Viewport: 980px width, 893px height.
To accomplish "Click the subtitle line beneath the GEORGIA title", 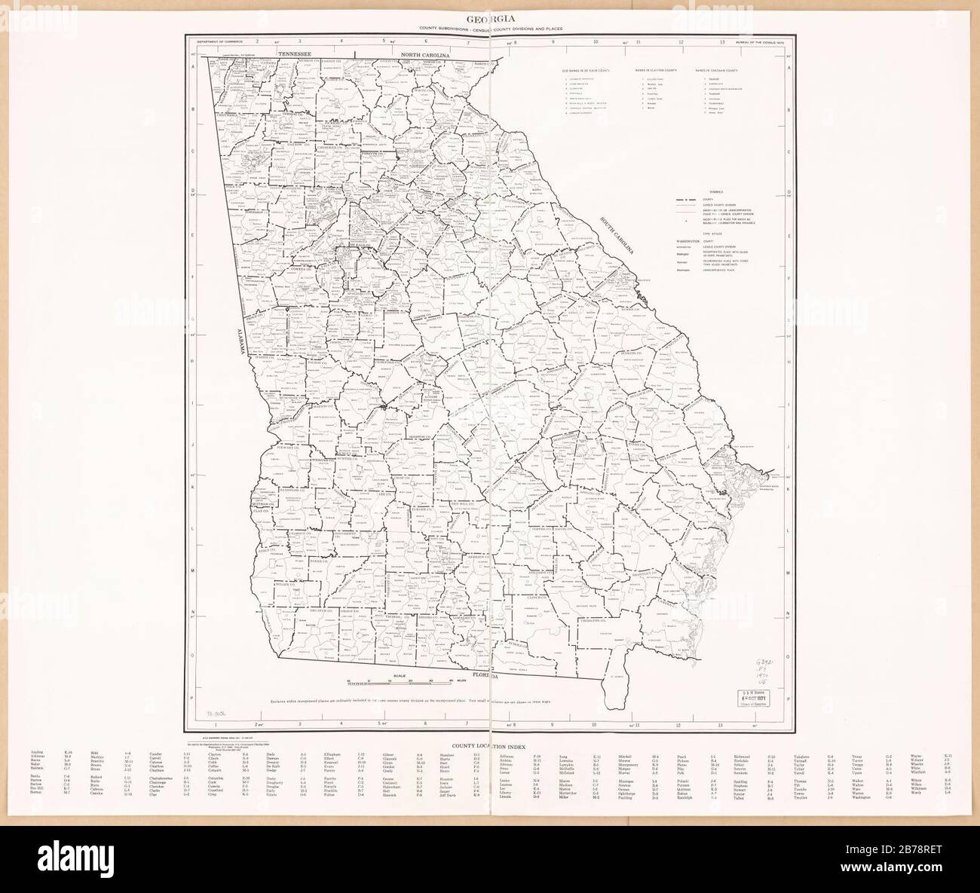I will click(x=489, y=29).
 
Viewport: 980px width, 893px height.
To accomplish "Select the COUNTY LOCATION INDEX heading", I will click(x=489, y=743).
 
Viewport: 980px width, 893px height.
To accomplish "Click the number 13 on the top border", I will click(x=722, y=41).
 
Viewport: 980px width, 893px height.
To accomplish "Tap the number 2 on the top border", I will click(x=257, y=41).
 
